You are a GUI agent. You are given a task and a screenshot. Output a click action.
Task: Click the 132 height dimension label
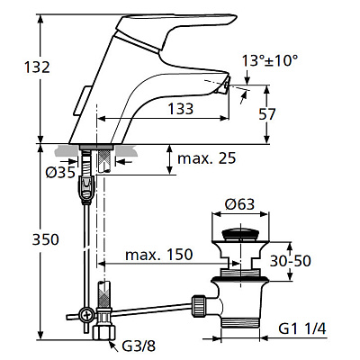pyautogui.click(x=37, y=67)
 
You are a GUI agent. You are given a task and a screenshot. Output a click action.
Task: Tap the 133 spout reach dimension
pyautogui.click(x=181, y=109)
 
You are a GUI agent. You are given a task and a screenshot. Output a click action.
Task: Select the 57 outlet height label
pyautogui.click(x=267, y=114)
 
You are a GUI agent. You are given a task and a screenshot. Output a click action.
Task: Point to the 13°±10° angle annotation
pyautogui.click(x=270, y=61)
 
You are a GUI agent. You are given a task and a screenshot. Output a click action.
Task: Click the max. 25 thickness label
pyautogui.click(x=207, y=158)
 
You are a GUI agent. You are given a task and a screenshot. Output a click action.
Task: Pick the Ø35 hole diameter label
pyautogui.click(x=60, y=173)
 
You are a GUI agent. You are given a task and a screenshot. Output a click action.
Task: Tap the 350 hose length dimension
pyautogui.click(x=46, y=239)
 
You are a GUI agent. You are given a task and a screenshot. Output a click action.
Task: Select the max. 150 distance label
pyautogui.click(x=159, y=255)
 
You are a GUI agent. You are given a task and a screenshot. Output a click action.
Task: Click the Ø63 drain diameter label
pyautogui.click(x=239, y=204)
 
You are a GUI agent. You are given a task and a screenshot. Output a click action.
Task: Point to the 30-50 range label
pyautogui.click(x=291, y=261)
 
